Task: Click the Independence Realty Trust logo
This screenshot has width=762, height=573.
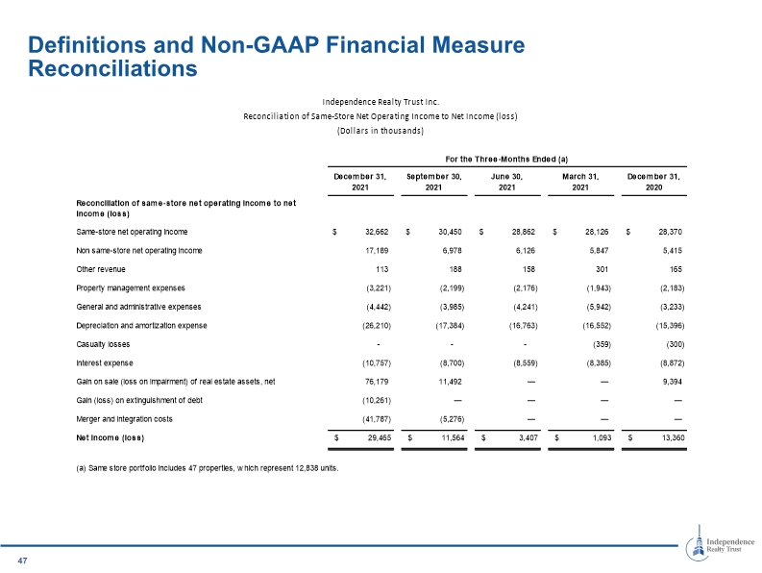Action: point(720,543)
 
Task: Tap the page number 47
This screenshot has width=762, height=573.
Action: point(22,561)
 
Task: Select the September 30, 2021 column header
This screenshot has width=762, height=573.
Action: point(434,182)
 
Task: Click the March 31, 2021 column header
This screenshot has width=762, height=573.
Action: point(580,182)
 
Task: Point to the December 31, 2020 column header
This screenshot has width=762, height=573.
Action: point(653,182)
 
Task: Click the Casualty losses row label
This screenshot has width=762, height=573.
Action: point(103,344)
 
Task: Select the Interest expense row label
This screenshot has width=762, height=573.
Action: point(105,362)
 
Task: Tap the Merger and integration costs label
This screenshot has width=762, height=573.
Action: point(124,419)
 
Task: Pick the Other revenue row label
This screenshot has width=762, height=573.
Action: point(101,269)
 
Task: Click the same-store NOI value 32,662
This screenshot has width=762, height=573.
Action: point(377,232)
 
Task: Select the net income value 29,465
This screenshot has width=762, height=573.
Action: point(380,437)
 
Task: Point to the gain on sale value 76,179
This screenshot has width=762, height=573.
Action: point(377,382)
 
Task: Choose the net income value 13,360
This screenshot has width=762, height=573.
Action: point(673,437)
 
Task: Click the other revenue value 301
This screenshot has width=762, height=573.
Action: point(602,269)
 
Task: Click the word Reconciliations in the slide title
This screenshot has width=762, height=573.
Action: point(112,68)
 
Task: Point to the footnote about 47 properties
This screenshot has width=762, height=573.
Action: point(208,468)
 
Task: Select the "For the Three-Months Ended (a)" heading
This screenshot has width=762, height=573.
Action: point(506,159)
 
